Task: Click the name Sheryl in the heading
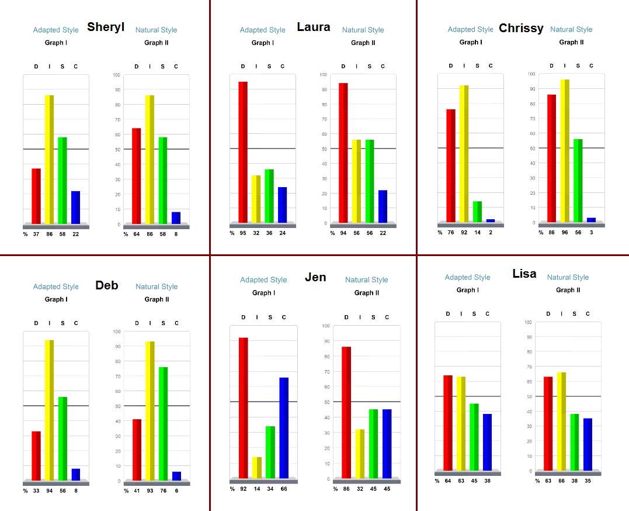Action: [106, 27]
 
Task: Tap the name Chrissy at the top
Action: [521, 28]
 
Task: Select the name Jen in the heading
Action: [315, 277]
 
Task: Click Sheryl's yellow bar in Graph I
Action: [49, 159]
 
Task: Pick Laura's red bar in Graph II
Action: [343, 153]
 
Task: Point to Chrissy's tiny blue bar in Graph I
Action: [491, 220]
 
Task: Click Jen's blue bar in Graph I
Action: [284, 427]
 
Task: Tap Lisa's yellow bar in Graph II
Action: [561, 421]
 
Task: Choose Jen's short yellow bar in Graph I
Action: [257, 467]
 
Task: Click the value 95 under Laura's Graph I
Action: [244, 233]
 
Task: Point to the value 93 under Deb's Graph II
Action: [150, 491]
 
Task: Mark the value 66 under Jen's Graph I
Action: [284, 489]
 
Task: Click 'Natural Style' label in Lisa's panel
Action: [568, 277]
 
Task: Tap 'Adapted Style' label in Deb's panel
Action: [55, 286]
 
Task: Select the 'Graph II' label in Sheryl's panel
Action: [157, 43]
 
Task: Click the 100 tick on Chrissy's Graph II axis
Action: [530, 74]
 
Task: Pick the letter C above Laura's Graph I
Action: [283, 66]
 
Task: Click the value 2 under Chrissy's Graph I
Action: [491, 232]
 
